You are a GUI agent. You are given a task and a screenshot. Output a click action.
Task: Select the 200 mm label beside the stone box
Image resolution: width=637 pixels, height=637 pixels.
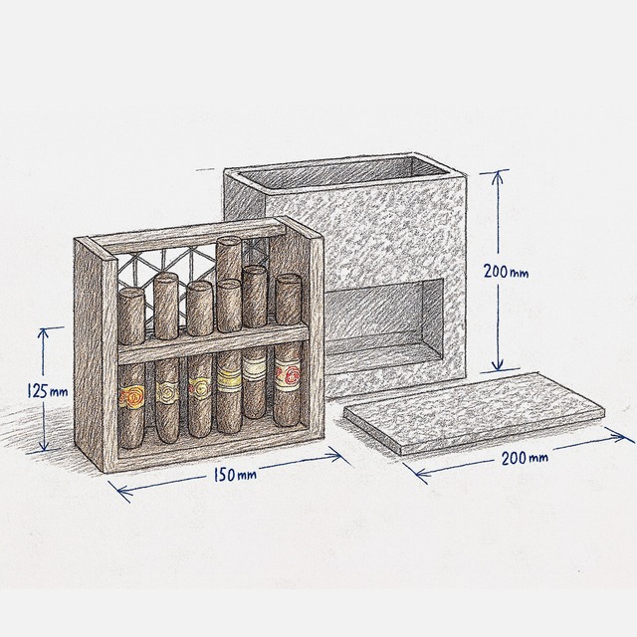[x=509, y=270]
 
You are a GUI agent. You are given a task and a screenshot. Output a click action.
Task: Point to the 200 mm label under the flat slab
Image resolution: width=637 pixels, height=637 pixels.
[x=526, y=458]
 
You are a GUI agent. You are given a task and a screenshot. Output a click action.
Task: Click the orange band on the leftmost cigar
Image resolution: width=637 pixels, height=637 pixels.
[x=130, y=395]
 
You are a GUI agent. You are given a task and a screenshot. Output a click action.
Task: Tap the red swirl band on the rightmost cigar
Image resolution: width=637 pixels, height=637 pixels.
[x=288, y=376]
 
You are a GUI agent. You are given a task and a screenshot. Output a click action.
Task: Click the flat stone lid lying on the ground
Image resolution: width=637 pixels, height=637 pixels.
[x=472, y=409]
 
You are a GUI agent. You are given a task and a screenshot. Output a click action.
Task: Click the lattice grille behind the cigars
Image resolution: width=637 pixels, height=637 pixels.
[x=189, y=265]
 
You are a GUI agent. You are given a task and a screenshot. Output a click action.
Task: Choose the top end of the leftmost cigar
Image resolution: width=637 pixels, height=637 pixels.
[x=130, y=292]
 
